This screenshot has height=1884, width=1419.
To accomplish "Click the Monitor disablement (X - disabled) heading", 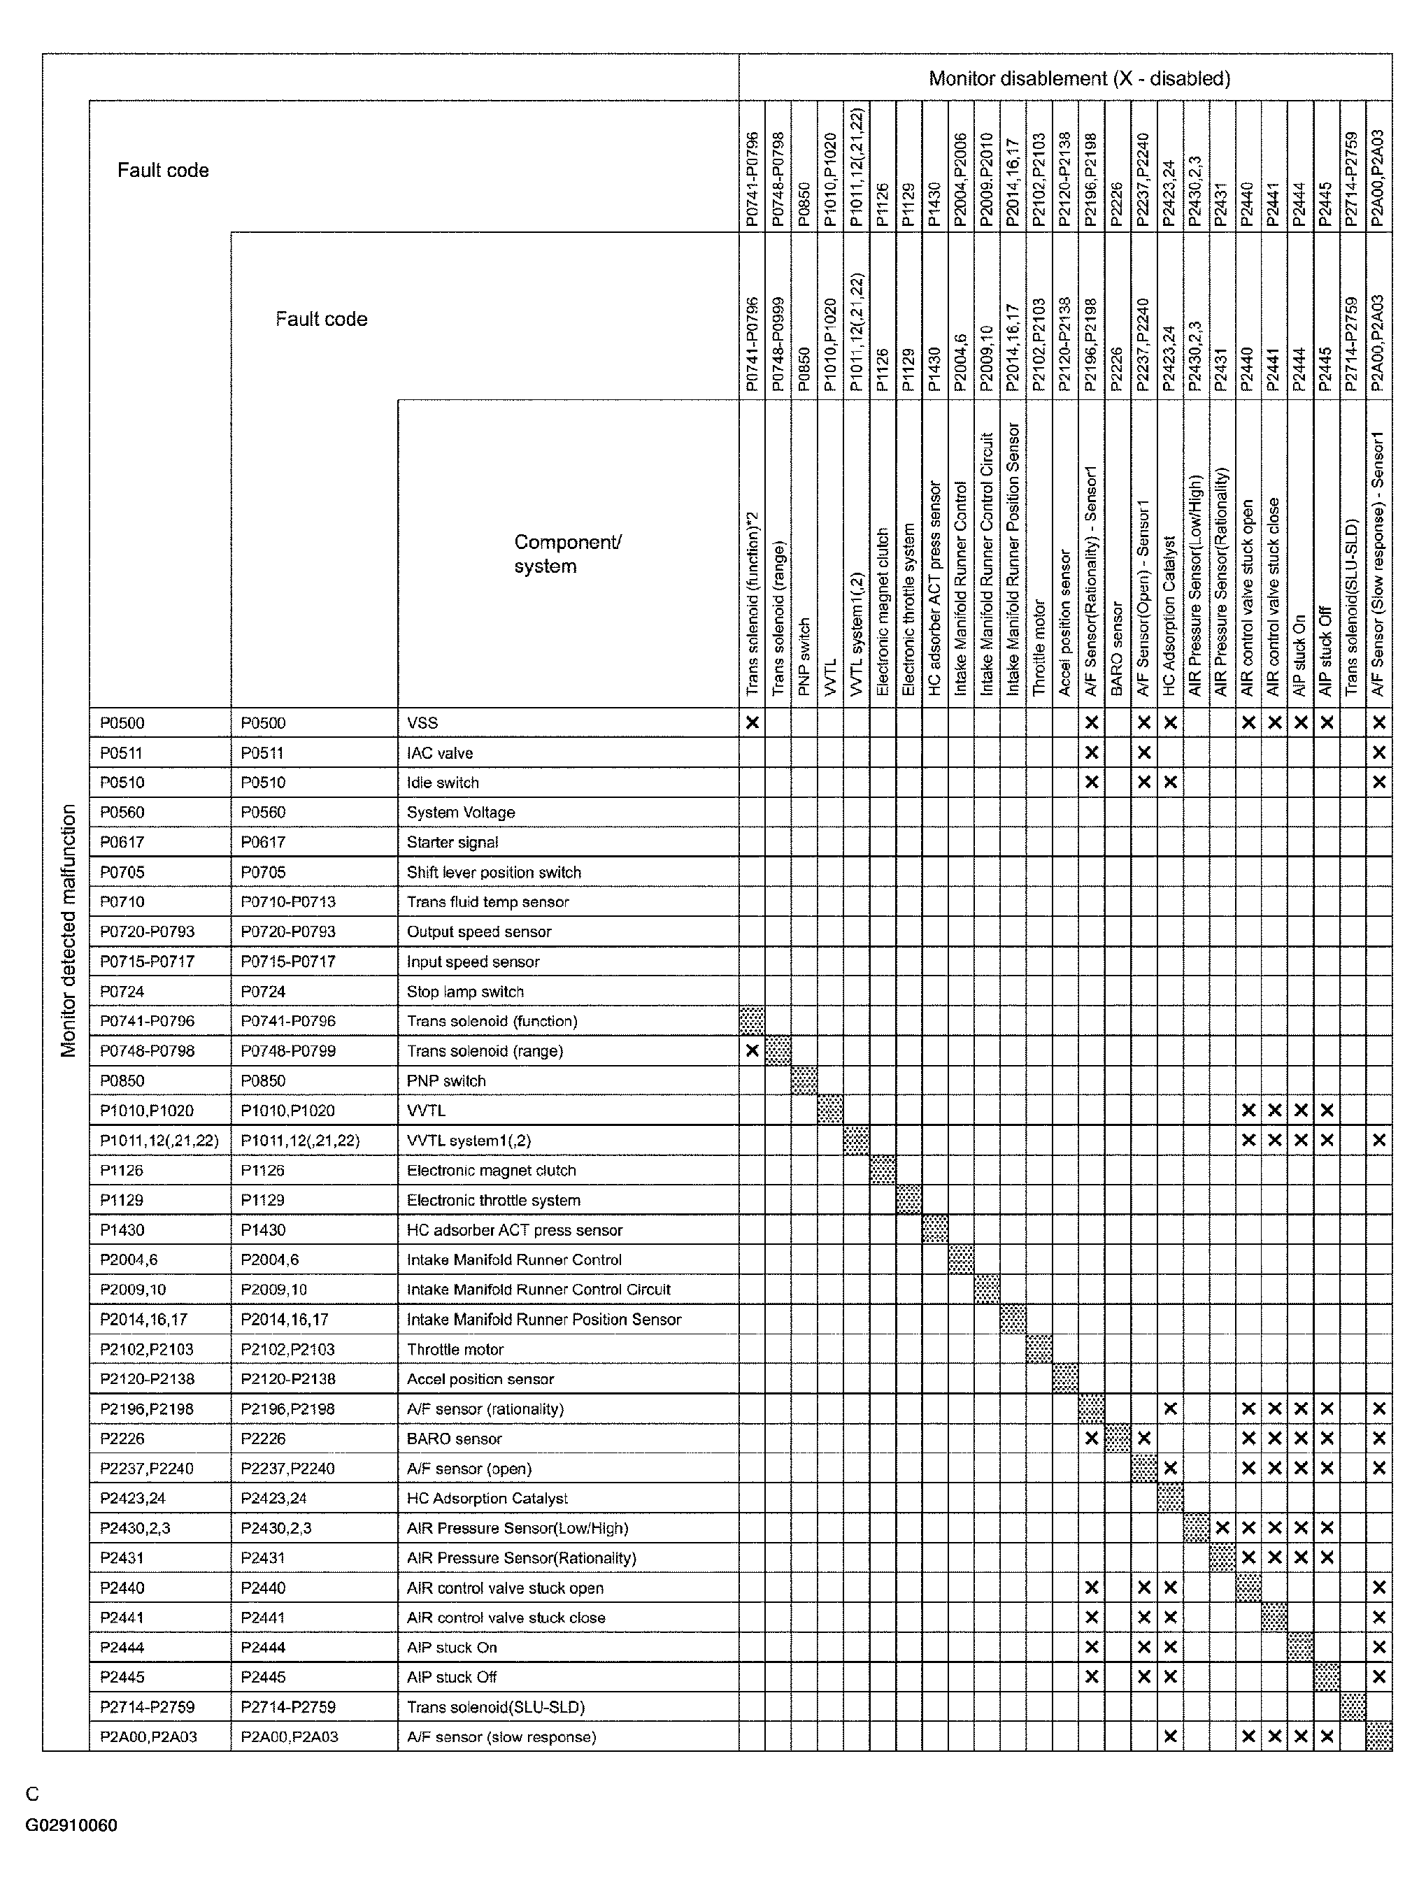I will point(1078,78).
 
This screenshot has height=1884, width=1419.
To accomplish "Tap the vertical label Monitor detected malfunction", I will point(68,930).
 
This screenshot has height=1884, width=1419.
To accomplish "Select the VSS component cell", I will point(422,723).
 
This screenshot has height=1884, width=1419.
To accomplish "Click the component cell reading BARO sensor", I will point(454,1439).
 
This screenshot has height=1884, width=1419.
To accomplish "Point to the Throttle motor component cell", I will point(455,1349).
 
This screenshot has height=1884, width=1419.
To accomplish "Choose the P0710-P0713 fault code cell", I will point(288,902).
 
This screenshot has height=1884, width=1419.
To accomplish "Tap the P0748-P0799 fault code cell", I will point(288,1051).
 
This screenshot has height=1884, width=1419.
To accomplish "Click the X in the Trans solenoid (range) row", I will point(752,1051).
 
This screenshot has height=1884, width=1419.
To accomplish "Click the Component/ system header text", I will point(567,554).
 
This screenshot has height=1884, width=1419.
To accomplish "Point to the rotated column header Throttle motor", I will point(1039,648).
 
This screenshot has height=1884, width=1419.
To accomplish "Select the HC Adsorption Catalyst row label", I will point(487,1498).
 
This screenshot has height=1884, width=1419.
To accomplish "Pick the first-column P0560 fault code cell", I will point(122,813).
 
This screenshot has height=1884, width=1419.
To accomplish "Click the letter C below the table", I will point(32,1794).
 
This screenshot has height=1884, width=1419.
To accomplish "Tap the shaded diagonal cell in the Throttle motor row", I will point(1039,1349).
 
